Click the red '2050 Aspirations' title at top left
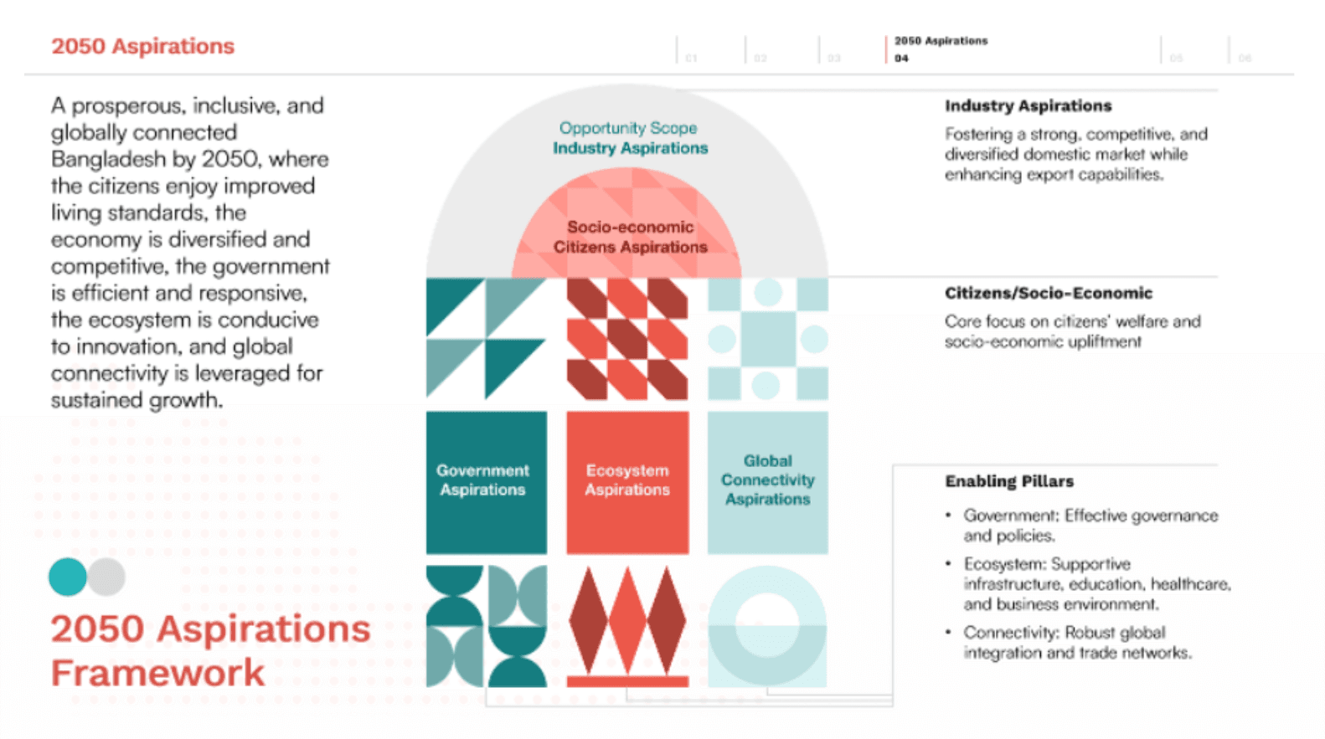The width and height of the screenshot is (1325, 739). click(x=142, y=46)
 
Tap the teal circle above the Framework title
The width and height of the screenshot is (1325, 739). click(x=68, y=577)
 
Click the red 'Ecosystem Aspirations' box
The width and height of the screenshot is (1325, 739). click(x=627, y=482)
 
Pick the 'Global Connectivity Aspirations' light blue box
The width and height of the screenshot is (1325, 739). click(x=767, y=481)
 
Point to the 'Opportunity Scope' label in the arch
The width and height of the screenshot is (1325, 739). click(x=628, y=128)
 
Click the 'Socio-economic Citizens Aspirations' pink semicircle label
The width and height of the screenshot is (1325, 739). click(x=630, y=237)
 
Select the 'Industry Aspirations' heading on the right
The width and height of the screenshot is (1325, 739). click(x=1028, y=105)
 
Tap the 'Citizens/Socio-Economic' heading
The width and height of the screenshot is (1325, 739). click(x=1048, y=293)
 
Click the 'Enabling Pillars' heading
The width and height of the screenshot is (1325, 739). click(x=1008, y=481)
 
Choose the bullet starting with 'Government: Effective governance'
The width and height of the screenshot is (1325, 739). click(x=1090, y=525)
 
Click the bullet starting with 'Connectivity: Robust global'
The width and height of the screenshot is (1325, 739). click(x=1076, y=642)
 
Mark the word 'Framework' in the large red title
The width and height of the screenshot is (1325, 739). click(x=157, y=673)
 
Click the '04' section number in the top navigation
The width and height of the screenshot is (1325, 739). click(x=901, y=59)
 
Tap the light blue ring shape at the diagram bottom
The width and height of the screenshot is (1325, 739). click(x=767, y=625)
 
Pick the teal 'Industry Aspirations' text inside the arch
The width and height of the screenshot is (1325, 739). click(x=630, y=148)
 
